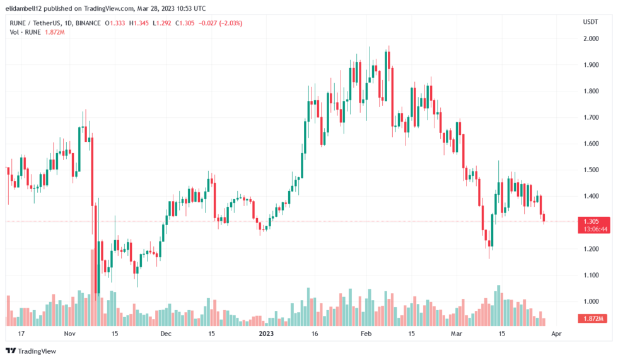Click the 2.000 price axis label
pos(591,38)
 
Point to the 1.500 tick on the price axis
pos(591,170)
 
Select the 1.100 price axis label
pos(591,275)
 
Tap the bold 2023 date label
pos(266,334)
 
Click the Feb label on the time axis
pos(366,334)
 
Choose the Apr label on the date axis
pos(556,334)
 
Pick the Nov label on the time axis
pos(69,334)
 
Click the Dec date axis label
pos(166,334)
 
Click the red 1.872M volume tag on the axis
pos(592,318)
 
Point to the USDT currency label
pos(590,21)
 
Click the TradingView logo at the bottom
pos(31,351)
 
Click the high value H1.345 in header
pos(139,23)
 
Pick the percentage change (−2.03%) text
pos(230,23)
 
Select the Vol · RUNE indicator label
pos(25,32)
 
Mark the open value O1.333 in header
pos(115,23)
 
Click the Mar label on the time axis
pos(456,334)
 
